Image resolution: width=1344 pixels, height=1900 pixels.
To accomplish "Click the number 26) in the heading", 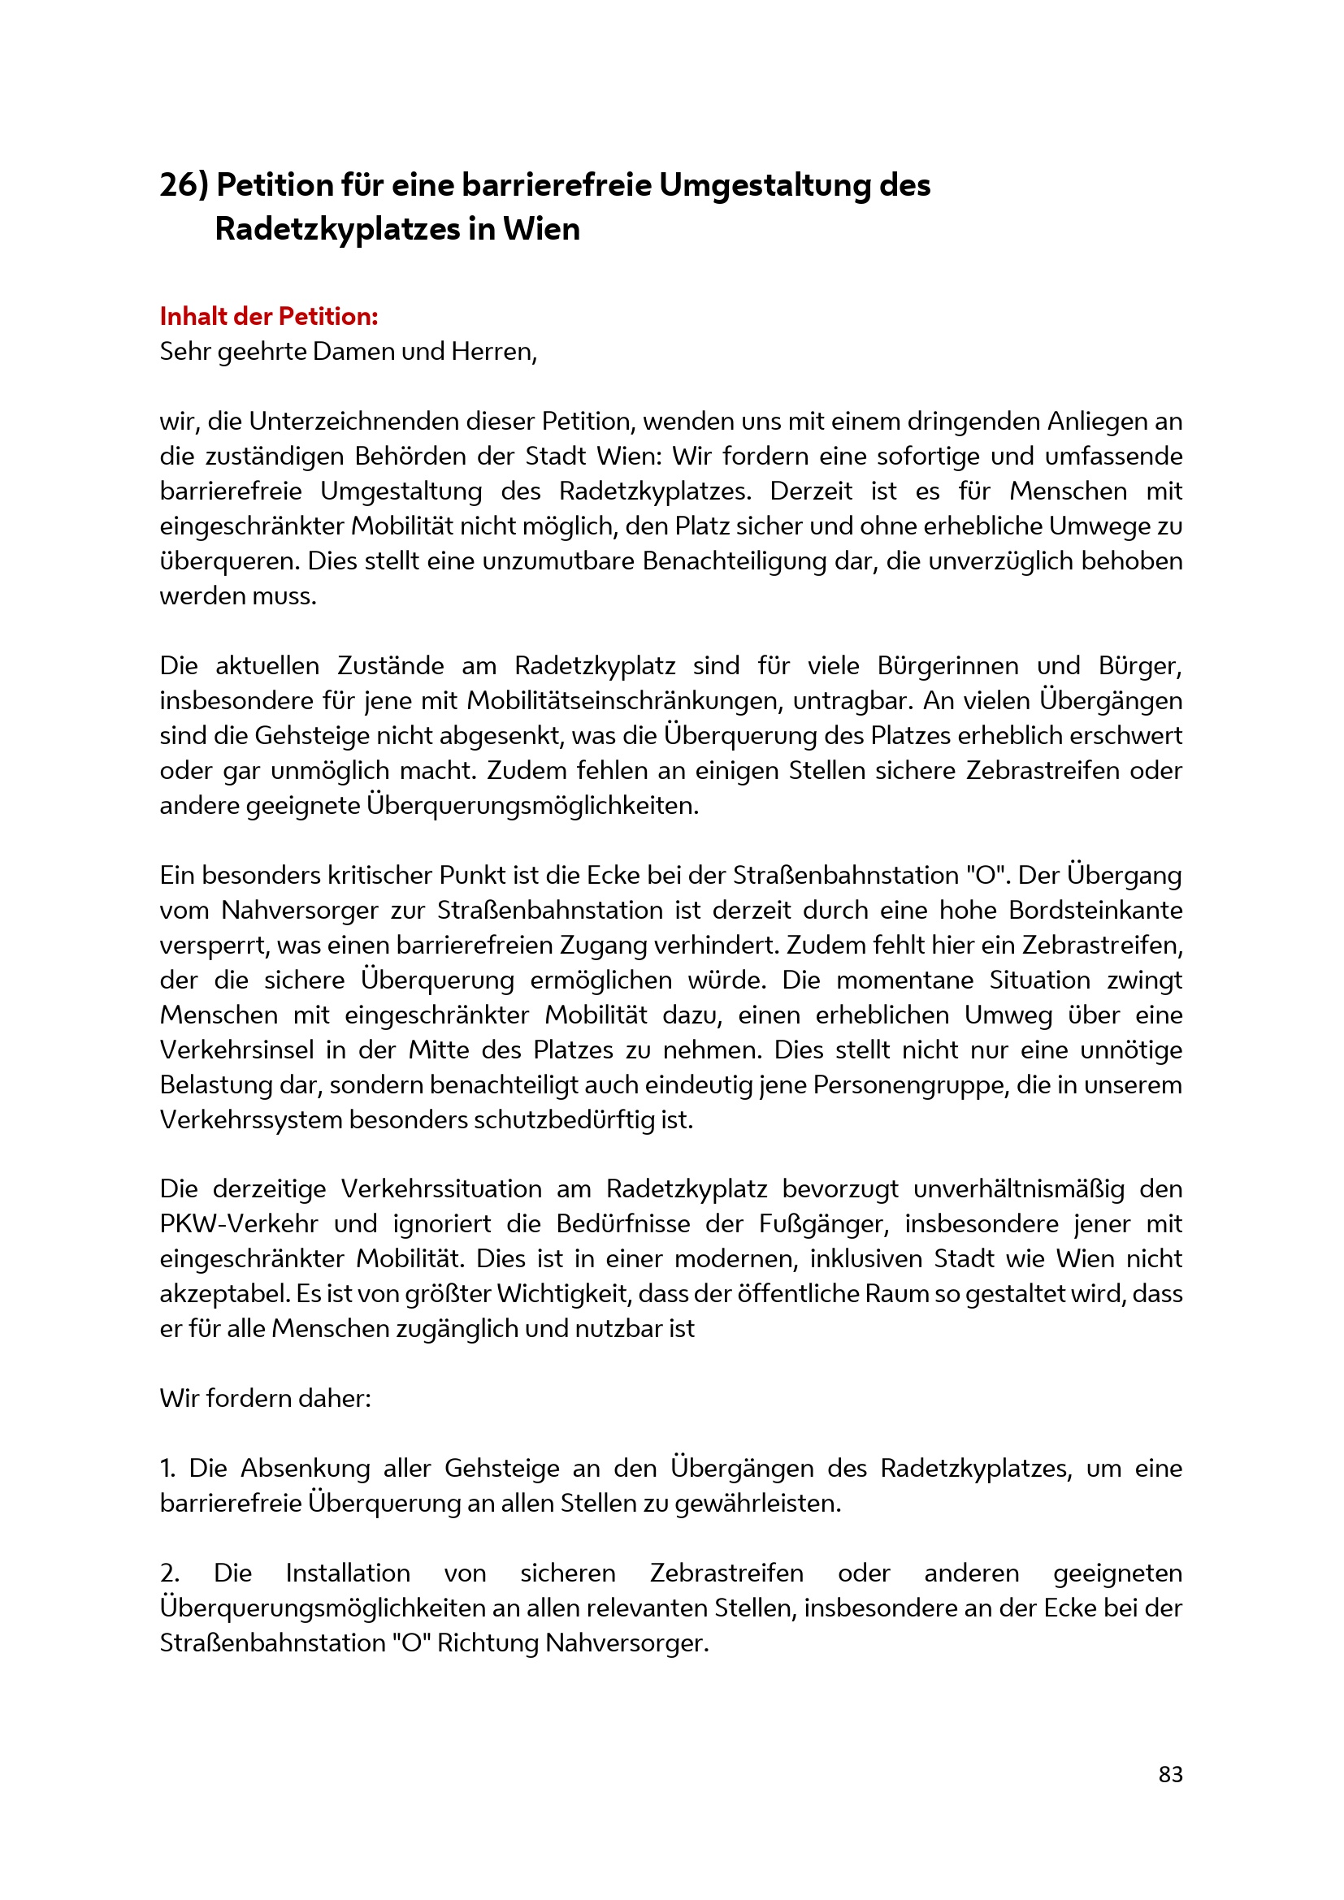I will [184, 185].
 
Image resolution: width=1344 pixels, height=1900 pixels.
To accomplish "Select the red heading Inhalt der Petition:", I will [269, 316].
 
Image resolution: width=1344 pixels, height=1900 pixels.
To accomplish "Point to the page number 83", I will [1170, 1774].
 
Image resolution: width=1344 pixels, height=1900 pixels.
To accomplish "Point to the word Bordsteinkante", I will [1095, 911].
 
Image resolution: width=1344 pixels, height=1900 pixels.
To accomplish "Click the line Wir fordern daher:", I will [266, 1399].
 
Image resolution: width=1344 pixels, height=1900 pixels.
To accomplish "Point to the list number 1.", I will [167, 1469].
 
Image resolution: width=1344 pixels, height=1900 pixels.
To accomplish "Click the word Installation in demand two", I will [348, 1573].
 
